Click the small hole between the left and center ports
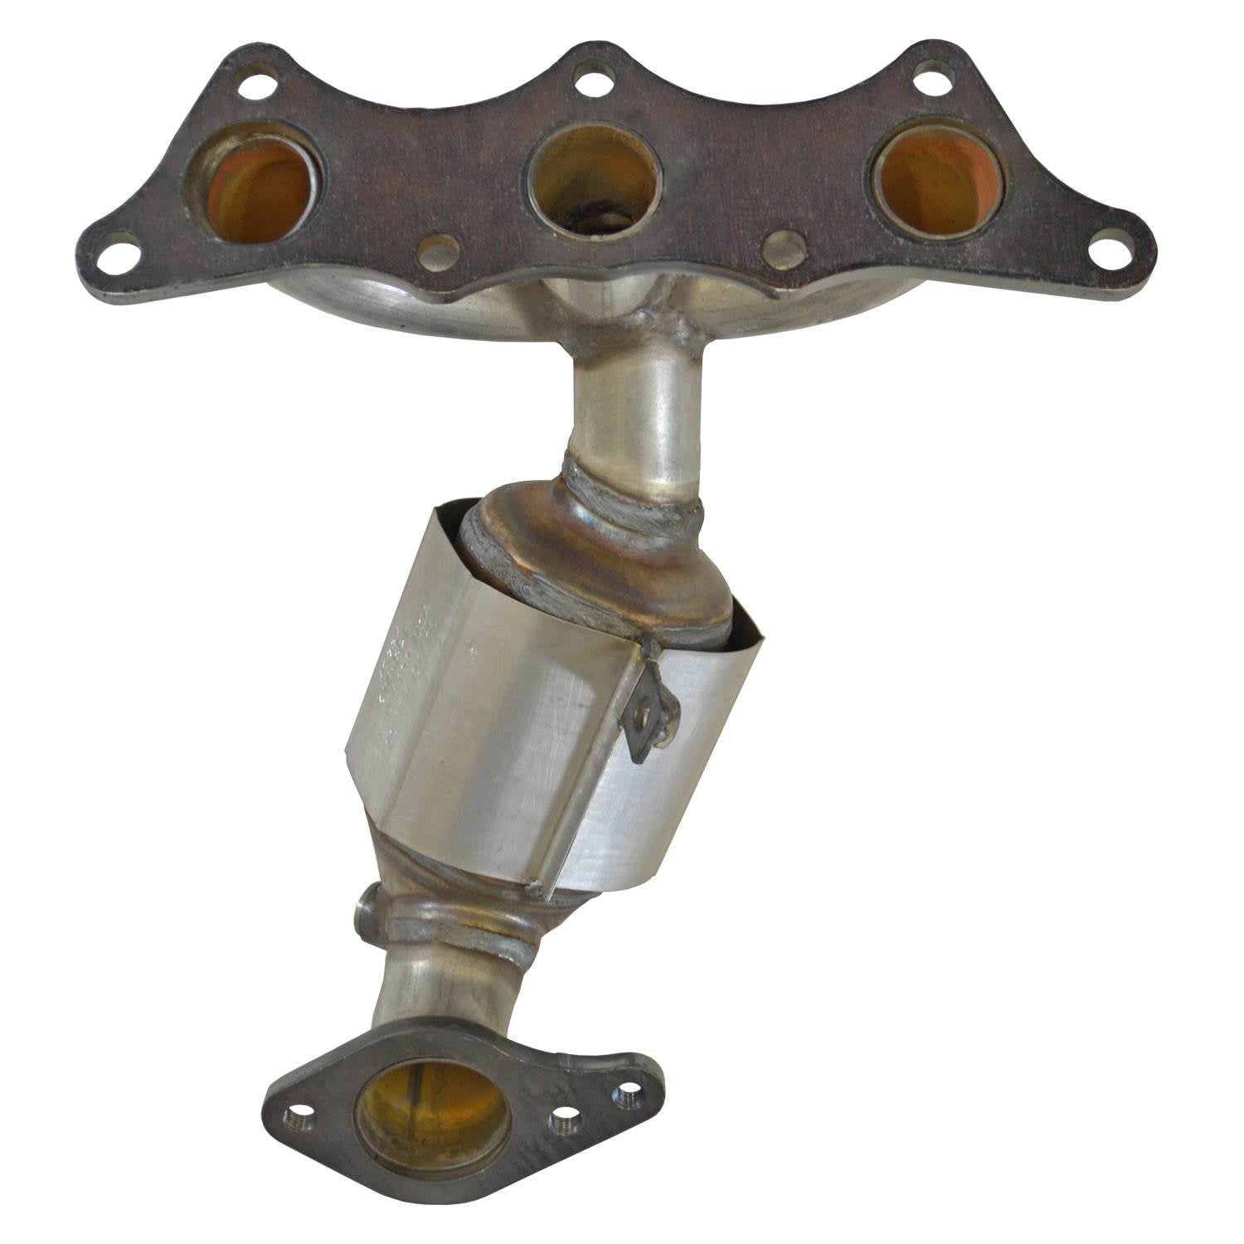point(439,250)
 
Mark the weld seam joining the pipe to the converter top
point(630,498)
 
